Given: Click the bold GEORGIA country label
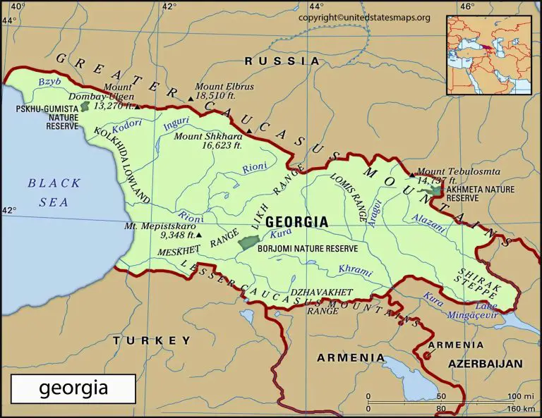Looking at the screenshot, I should coord(296,221).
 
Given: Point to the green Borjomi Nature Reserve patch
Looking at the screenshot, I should coord(248,242).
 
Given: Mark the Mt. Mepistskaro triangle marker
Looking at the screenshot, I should coord(199,235).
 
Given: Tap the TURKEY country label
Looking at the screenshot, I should coord(151,340).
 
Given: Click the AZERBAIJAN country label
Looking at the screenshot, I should coord(487,364).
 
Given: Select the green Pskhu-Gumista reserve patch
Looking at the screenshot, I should coord(85,106).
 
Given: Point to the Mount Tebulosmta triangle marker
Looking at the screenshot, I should coord(412,175).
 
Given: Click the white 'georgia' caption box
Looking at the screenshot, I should coord(73,388).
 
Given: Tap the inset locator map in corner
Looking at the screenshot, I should coord(488,55).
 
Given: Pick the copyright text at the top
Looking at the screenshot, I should coord(364,17).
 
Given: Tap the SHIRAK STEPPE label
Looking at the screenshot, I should coord(479,282).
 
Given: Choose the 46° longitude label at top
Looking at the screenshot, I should coord(466,7).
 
